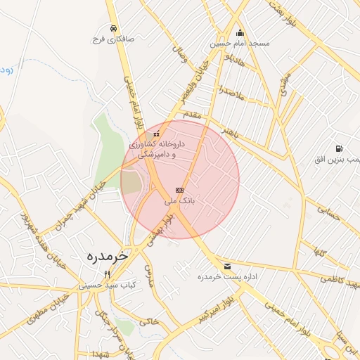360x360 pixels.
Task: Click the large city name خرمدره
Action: pyautogui.click(x=107, y=255)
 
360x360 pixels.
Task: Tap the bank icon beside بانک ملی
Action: pyautogui.click(x=179, y=190)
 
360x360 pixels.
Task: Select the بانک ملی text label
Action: pyautogui.click(x=179, y=201)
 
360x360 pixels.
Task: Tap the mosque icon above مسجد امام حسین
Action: pyautogui.click(x=240, y=32)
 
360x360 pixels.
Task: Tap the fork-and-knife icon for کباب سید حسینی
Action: pyautogui.click(x=107, y=274)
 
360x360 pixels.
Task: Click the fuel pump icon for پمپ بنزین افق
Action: pyautogui.click(x=340, y=149)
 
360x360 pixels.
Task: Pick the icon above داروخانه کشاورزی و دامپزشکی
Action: pyautogui.click(x=156, y=134)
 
